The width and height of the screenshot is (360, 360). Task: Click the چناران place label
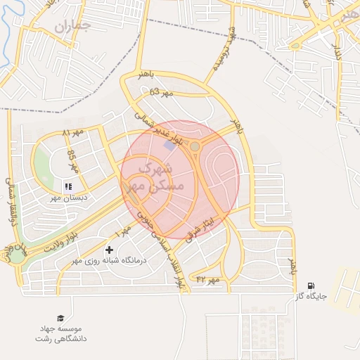[x=72, y=27]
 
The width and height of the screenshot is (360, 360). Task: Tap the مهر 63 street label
[x=161, y=92]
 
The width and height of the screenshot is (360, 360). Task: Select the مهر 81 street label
[x=72, y=132]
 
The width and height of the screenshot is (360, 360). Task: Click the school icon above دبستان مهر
[x=68, y=186]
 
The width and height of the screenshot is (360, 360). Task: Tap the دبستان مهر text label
[x=66, y=199]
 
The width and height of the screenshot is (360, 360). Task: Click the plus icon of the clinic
[x=109, y=250]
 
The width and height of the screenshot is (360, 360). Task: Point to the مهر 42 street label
[x=208, y=280]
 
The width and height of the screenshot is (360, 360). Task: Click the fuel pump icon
[x=311, y=285]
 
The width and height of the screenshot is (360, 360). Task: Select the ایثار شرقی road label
[x=202, y=227]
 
